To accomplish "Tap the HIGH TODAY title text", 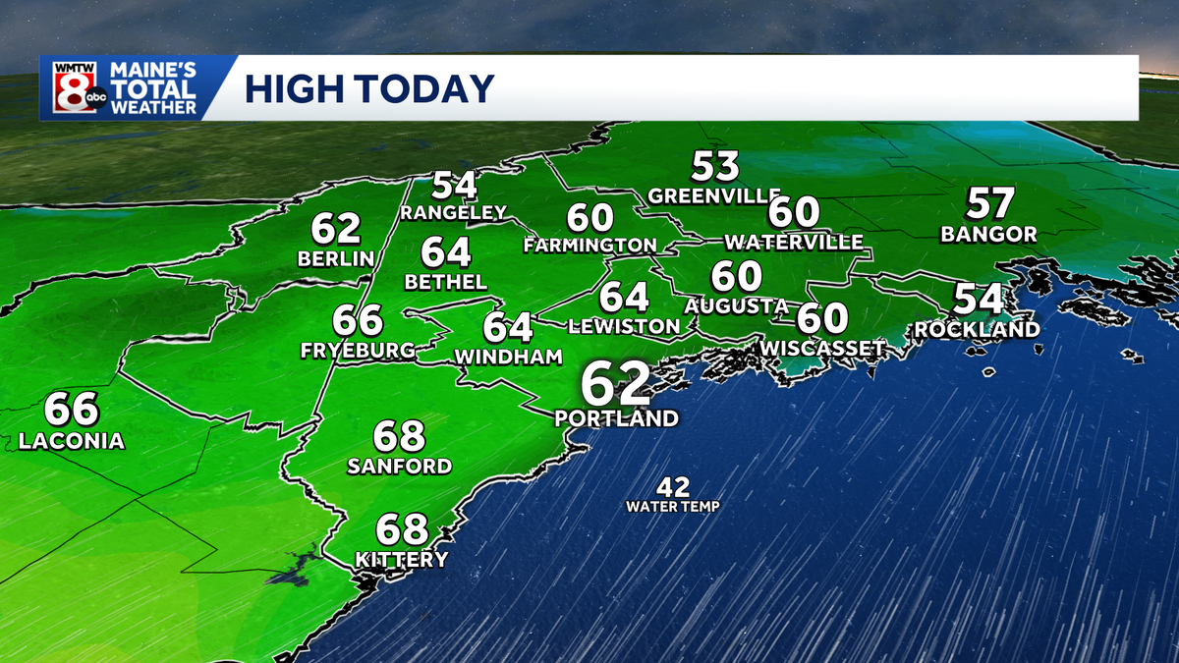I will pyautogui.click(x=368, y=89).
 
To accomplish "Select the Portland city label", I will pyautogui.click(x=616, y=418).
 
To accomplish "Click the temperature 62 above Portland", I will pyautogui.click(x=616, y=382).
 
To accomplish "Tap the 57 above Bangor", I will pyautogui.click(x=989, y=203).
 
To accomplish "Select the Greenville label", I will pyautogui.click(x=714, y=195).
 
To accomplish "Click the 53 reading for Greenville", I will pyautogui.click(x=715, y=165).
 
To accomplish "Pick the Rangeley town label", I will pyautogui.click(x=453, y=212).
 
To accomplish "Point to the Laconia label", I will pyautogui.click(x=72, y=442).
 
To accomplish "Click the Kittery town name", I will pyautogui.click(x=401, y=560).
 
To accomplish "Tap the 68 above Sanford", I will pyautogui.click(x=399, y=434).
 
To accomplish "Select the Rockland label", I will pyautogui.click(x=976, y=330).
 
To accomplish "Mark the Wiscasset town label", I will pyautogui.click(x=822, y=349).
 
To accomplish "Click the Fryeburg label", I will pyautogui.click(x=358, y=351).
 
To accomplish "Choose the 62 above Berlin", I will pyautogui.click(x=337, y=229).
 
